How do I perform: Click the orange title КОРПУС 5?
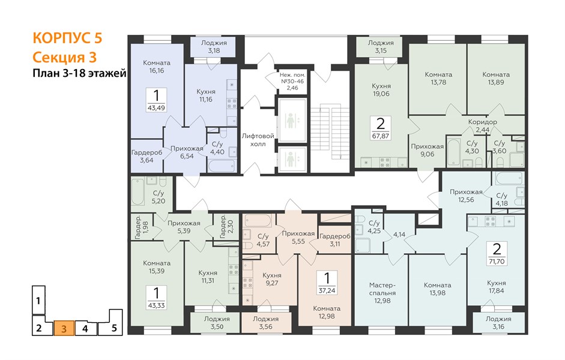tap(67, 38)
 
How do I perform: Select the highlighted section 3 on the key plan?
tap(64, 328)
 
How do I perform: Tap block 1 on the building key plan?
tap(38, 300)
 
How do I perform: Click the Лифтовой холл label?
tap(258, 140)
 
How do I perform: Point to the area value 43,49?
tap(156, 107)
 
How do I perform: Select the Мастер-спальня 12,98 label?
tap(382, 293)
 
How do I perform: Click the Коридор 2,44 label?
tap(483, 125)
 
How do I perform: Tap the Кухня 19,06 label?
tap(381, 90)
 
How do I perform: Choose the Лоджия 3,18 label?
tap(214, 47)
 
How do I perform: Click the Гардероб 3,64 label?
tap(147, 156)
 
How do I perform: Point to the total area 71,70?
tap(497, 262)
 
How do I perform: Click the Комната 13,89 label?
tap(496, 79)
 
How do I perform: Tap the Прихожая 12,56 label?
tap(466, 196)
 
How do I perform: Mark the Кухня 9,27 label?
tap(271, 279)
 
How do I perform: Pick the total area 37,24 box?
tap(327, 283)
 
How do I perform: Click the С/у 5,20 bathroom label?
tap(159, 197)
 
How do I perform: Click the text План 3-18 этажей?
tap(79, 73)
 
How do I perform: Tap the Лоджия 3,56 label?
tap(265, 323)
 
